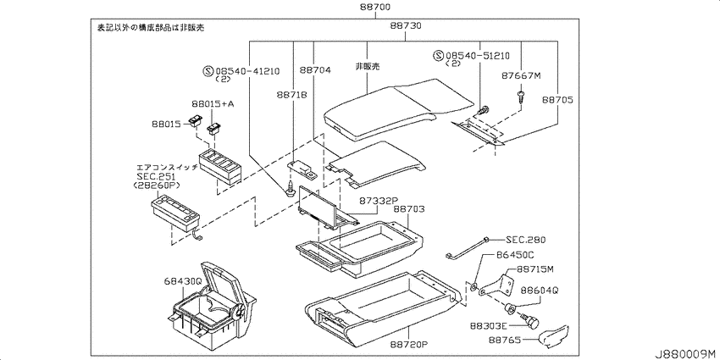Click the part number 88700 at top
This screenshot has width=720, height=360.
click(374, 8)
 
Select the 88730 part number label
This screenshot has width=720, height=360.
click(406, 25)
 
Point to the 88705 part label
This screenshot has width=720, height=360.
click(557, 99)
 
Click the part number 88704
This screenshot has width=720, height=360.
click(315, 70)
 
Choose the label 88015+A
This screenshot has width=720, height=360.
click(213, 104)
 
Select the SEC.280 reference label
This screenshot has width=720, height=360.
click(526, 240)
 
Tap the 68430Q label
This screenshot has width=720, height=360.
click(183, 280)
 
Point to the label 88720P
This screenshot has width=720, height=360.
click(410, 343)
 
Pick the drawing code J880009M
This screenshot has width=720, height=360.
click(686, 354)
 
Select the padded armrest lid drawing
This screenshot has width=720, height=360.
click(398, 109)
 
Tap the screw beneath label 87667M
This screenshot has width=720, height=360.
click(520, 97)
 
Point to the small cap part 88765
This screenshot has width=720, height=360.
click(554, 335)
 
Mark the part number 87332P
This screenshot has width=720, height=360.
click(378, 201)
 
